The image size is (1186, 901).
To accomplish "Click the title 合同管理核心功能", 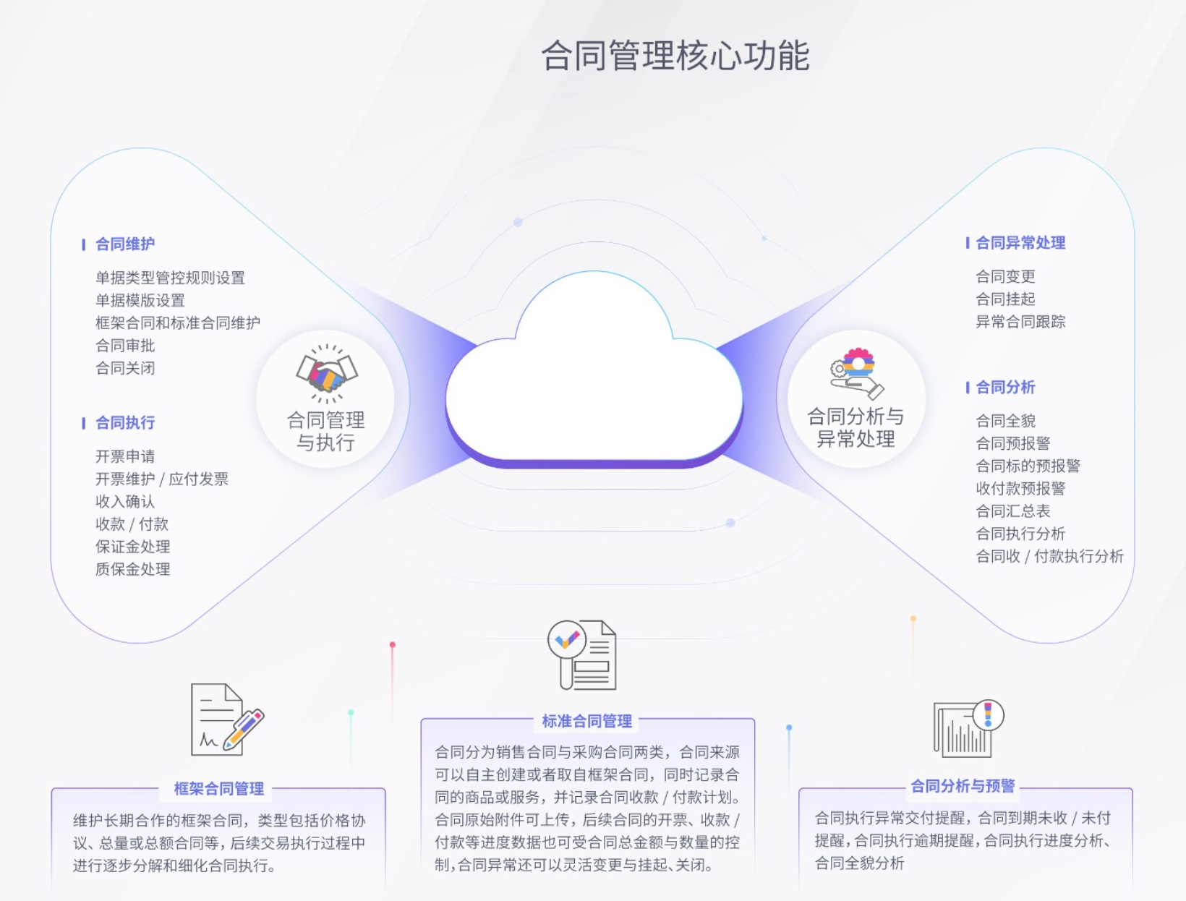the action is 675,56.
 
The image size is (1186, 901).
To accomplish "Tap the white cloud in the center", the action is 594,370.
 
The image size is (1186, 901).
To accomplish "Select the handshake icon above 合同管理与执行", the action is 327,373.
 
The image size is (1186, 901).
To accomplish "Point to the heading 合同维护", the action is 125,244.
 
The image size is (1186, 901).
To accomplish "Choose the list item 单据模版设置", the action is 140,300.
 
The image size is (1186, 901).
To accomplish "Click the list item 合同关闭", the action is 125,368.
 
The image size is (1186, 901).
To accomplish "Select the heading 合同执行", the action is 125,423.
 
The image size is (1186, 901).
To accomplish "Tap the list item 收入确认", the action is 125,501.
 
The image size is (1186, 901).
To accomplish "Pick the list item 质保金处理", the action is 133,569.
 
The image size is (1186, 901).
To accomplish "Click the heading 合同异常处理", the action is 1020,243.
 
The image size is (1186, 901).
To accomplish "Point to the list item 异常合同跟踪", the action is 1020,322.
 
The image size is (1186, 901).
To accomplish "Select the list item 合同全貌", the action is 1005,421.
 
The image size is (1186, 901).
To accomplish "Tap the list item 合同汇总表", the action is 1012,511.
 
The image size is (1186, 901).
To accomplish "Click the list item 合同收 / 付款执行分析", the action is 1049,556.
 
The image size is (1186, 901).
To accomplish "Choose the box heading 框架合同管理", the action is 218,788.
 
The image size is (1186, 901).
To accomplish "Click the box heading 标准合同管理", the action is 586,721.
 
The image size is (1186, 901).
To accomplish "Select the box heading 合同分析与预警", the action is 963,786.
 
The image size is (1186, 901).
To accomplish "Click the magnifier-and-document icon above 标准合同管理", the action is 582,654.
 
